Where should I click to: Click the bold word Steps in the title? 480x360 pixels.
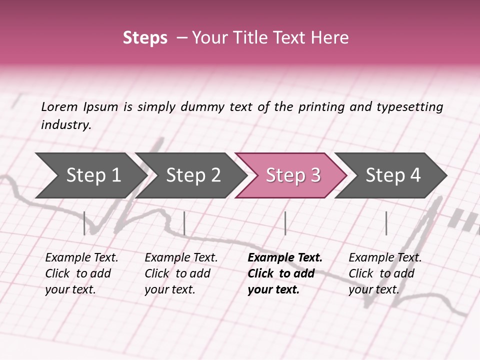point(145,38)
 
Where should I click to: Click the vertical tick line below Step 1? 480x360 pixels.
point(84,223)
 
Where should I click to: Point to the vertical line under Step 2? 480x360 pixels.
point(184,223)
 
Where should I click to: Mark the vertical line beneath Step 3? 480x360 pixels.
point(285,223)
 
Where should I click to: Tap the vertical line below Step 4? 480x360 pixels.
point(386,223)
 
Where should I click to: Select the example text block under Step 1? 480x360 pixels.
point(81,273)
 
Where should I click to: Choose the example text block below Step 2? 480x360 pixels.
point(181,273)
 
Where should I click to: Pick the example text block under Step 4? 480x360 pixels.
point(385,273)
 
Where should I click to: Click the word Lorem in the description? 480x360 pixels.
point(59,106)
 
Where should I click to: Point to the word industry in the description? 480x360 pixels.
point(66,125)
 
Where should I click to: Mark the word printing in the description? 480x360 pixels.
point(320,107)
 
